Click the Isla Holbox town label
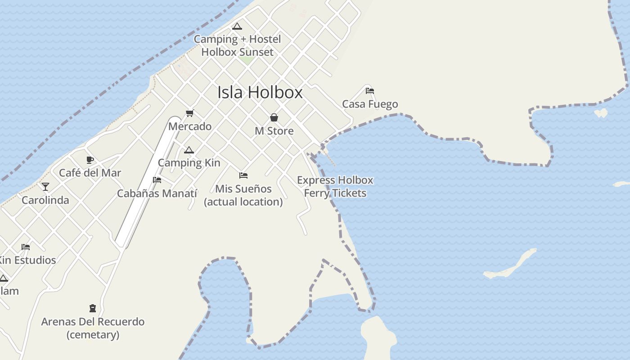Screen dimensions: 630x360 [260, 93]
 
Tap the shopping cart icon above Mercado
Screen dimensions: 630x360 [189, 113]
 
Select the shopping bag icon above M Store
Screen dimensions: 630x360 [274, 118]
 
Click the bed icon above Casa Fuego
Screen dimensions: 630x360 [370, 91]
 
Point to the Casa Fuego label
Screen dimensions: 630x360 [370, 104]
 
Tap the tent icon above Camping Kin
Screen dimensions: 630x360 [189, 150]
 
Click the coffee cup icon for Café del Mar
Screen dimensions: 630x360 [90, 160]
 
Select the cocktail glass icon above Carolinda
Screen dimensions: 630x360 [45, 187]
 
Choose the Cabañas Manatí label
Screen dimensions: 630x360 [157, 193]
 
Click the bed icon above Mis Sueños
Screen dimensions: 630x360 [243, 175]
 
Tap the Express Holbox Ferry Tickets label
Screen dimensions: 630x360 [335, 187]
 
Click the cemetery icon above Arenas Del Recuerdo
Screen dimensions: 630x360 [93, 308]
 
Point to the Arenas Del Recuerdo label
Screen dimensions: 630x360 [93, 322]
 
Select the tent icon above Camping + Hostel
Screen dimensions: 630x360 [237, 26]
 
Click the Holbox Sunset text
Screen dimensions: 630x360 [237, 52]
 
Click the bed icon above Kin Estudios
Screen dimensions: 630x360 [26, 247]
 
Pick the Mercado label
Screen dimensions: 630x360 [190, 126]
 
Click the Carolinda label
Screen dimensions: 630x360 [45, 200]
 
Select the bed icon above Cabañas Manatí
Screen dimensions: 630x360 [157, 180]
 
